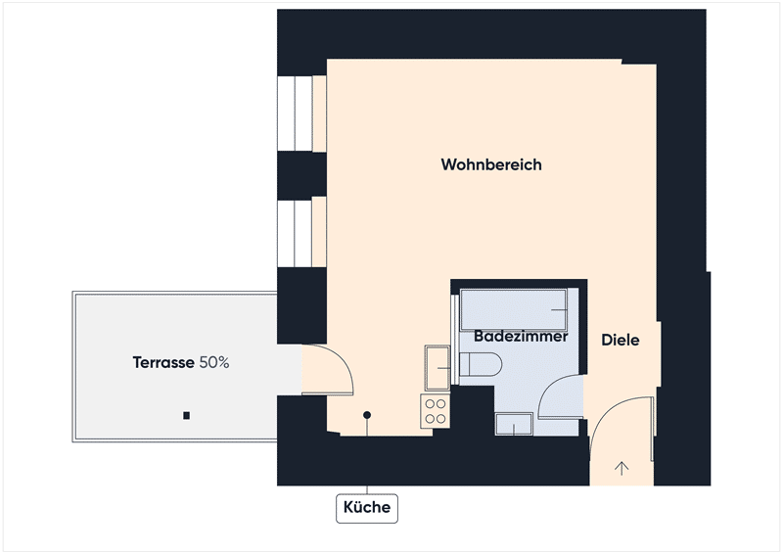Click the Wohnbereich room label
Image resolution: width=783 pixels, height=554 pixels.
[491, 164]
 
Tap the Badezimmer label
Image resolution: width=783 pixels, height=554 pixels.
[521, 336]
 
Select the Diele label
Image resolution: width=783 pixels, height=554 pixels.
[621, 341]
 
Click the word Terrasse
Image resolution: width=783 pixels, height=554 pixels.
[163, 362]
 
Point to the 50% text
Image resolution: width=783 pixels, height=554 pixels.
[214, 362]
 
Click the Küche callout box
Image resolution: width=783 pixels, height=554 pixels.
[367, 508]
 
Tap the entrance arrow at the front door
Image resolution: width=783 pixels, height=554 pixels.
[622, 468]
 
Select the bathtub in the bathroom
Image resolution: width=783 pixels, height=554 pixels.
[513, 309]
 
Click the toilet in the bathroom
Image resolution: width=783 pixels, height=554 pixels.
[480, 364]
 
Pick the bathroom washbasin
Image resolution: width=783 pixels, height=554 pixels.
[514, 424]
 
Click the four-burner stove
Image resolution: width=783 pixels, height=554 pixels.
[435, 411]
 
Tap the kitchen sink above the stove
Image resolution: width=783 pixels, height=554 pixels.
[438, 368]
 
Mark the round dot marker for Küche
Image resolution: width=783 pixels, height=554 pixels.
[367, 415]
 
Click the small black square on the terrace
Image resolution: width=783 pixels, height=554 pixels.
[186, 415]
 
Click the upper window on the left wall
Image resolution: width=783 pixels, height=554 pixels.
[301, 114]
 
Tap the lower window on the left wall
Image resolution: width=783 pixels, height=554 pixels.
[301, 234]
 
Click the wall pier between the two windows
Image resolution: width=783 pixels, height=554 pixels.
[301, 174]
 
